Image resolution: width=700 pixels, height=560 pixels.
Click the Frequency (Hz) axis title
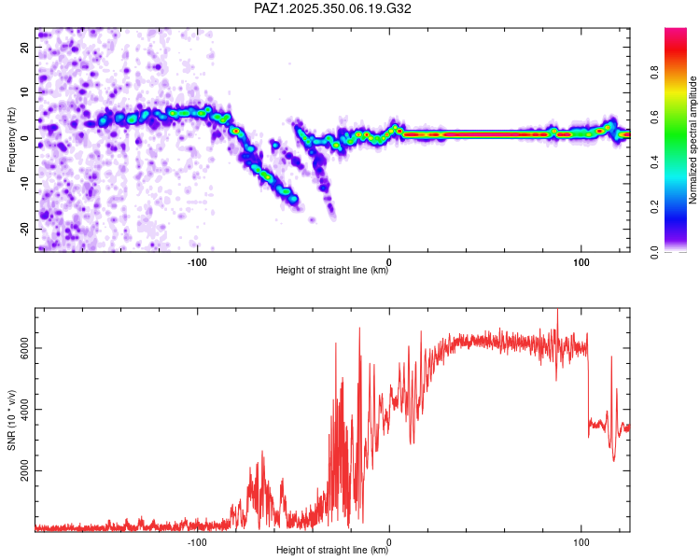pyautogui.click(x=12, y=139)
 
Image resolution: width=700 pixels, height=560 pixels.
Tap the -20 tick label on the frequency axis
pyautogui.click(x=25, y=228)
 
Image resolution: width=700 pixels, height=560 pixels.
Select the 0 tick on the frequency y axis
pyautogui.click(x=25, y=137)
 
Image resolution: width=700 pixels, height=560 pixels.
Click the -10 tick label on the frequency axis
pyautogui.click(x=25, y=183)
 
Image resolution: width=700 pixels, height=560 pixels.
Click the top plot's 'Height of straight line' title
pyautogui.click(x=333, y=271)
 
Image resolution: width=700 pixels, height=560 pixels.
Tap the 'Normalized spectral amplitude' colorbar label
pyautogui.click(x=693, y=140)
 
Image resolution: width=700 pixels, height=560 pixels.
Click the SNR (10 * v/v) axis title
pyautogui.click(x=12, y=420)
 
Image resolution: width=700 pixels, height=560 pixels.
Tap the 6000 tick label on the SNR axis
pyautogui.click(x=25, y=347)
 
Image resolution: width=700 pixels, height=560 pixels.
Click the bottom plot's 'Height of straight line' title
pyautogui.click(x=333, y=551)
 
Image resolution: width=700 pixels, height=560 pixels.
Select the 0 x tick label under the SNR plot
pyautogui.click(x=389, y=541)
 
